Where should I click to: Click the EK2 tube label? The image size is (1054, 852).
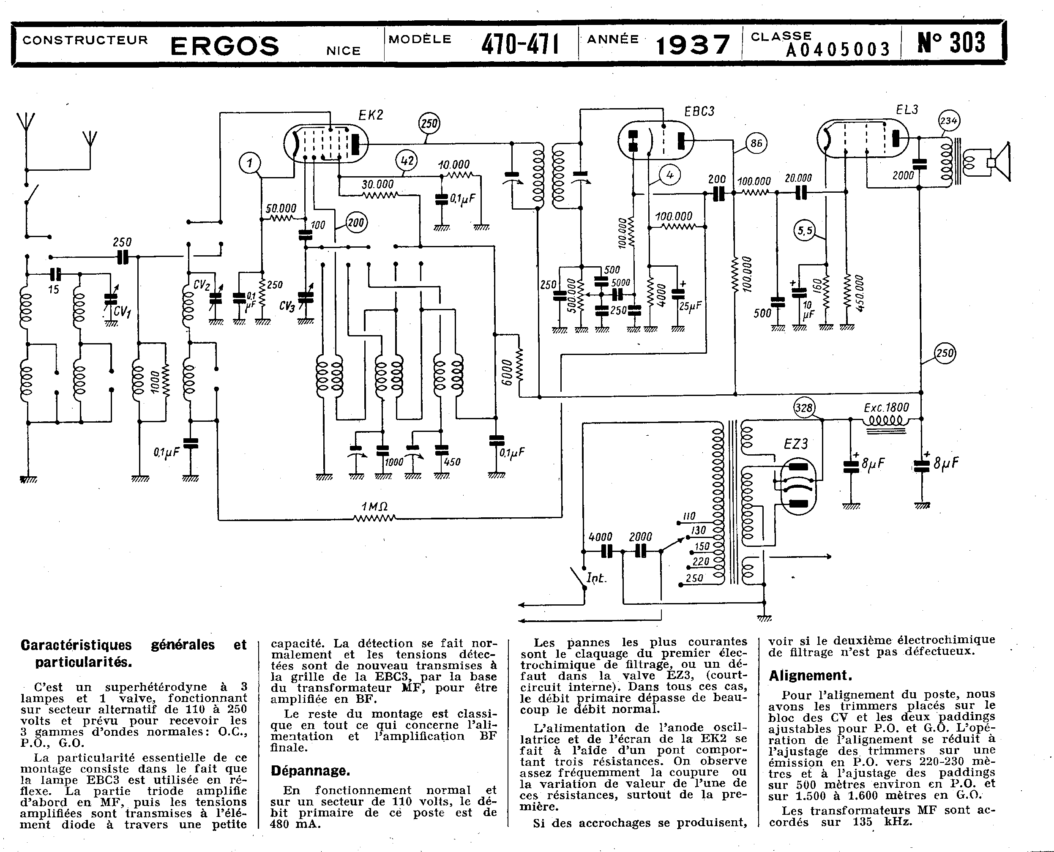(x=371, y=115)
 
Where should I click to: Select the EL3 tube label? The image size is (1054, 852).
(x=907, y=110)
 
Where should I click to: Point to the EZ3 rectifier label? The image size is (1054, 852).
(x=795, y=444)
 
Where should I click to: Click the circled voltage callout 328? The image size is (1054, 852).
(x=804, y=407)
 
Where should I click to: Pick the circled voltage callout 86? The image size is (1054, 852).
(x=756, y=143)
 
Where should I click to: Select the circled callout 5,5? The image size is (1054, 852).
(x=805, y=231)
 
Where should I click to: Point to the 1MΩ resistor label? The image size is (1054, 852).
(x=374, y=506)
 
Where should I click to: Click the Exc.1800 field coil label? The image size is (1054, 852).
(x=886, y=407)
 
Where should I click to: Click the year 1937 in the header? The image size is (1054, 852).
(x=693, y=45)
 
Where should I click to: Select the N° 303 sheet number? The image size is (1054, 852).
(x=951, y=43)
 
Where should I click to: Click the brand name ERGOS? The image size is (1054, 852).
(x=225, y=46)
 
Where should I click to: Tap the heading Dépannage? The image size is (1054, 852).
(x=310, y=771)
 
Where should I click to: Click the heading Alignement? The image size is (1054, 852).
(x=810, y=676)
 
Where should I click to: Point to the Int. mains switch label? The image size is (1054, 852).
(x=596, y=578)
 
